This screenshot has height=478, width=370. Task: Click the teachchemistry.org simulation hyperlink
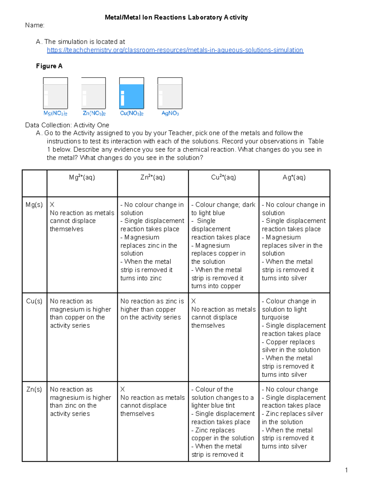pyautogui.click(x=175, y=50)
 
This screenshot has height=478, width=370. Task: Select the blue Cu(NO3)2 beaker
pyautogui.click(x=132, y=93)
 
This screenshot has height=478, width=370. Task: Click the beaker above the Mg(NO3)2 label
pyautogui.click(x=55, y=93)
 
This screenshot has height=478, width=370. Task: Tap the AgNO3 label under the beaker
pyautogui.click(x=170, y=113)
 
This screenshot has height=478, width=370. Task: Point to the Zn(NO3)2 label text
pyautogui.click(x=94, y=113)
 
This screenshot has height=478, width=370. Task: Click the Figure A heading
pyautogui.click(x=49, y=66)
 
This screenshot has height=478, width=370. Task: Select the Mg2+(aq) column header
pyautogui.click(x=82, y=177)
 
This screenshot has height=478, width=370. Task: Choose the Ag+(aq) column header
pyautogui.click(x=294, y=177)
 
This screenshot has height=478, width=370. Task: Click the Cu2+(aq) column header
pyautogui.click(x=224, y=177)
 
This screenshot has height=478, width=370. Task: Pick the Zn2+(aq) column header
pyautogui.click(x=153, y=177)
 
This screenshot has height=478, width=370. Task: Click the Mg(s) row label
pyautogui.click(x=34, y=205)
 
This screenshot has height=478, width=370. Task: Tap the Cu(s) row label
pyautogui.click(x=34, y=301)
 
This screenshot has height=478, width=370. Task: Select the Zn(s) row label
pyautogui.click(x=34, y=389)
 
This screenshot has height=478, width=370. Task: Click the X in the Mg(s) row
pyautogui.click(x=52, y=205)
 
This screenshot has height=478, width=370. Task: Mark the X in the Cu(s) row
pyautogui.click(x=194, y=301)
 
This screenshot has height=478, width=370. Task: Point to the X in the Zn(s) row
pyautogui.click(x=123, y=389)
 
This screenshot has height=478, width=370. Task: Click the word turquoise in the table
pyautogui.click(x=275, y=317)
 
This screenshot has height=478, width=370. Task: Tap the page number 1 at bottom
pyautogui.click(x=347, y=470)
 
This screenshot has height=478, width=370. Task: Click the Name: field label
pyautogui.click(x=35, y=25)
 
